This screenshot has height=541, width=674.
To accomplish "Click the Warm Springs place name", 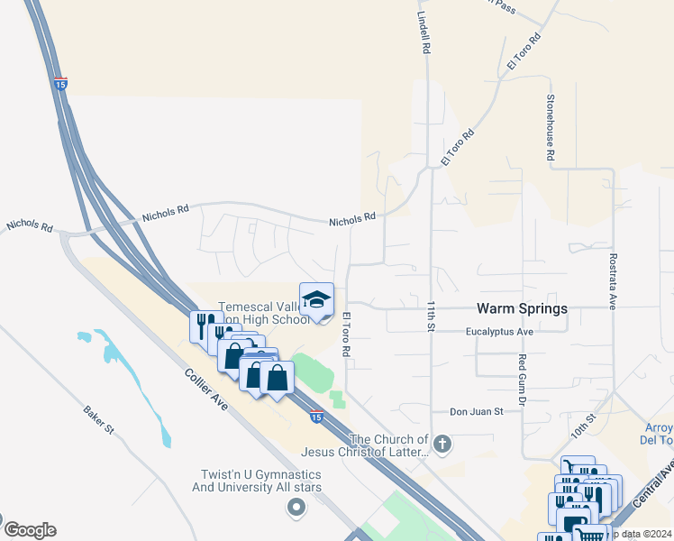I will [523, 308].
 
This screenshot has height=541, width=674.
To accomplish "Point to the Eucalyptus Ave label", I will [500, 332].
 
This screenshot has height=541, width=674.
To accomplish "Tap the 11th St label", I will [432, 316].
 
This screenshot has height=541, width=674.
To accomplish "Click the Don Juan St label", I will [476, 410].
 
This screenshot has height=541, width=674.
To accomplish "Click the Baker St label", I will [98, 418].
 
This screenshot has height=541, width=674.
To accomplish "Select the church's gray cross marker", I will [442, 443].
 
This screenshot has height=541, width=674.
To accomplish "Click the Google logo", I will [30, 530].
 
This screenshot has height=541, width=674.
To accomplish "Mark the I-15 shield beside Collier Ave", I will [315, 417].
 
